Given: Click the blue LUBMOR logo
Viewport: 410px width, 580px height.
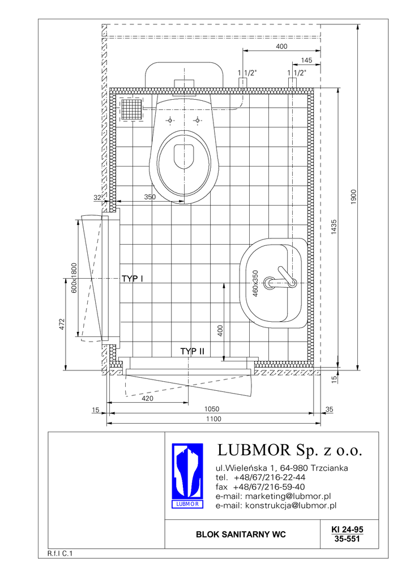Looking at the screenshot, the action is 187,475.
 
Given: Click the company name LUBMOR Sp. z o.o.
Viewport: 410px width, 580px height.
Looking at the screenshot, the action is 289,450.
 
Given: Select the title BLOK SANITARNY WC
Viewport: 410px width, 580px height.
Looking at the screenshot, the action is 241,535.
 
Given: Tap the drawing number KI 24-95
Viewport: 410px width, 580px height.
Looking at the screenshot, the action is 347,530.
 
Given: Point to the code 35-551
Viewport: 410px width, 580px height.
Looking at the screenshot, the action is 347,539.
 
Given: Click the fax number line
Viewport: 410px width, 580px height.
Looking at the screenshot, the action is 260,487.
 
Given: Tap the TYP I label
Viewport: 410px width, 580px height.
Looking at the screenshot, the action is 133,279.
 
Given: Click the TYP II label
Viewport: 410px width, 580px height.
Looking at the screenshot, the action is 192,351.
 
